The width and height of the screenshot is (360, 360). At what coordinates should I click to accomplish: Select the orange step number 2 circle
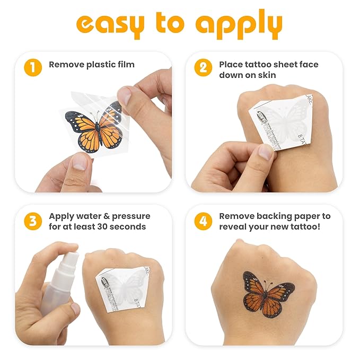click(x=203, y=67)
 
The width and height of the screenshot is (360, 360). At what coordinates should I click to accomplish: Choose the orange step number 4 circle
click(x=203, y=221)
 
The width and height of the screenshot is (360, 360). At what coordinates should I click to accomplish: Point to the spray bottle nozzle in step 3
click(x=69, y=254)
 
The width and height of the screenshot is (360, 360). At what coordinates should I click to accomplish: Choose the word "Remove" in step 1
click(x=65, y=65)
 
